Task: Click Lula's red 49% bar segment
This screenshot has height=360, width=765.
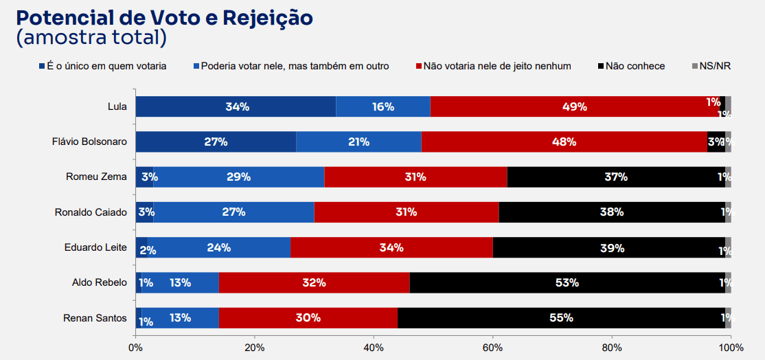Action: (574, 106)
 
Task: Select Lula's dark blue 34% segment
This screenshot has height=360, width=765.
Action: (236, 106)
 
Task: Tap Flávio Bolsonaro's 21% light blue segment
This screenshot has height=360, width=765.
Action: (358, 142)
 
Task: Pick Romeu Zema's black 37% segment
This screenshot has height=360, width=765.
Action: (616, 177)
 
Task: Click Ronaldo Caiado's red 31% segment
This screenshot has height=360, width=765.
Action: (406, 212)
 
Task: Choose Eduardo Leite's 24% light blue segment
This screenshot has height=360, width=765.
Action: (219, 247)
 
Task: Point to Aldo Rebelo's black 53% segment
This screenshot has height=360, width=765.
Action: (567, 282)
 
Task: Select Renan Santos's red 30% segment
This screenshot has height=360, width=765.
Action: (308, 317)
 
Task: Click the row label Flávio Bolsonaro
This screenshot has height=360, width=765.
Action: (89, 142)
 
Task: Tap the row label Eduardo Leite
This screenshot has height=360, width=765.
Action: (96, 247)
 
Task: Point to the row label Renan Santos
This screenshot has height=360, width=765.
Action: (95, 317)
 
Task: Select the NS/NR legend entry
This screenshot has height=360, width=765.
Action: (715, 66)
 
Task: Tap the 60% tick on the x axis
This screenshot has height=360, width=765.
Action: (492, 348)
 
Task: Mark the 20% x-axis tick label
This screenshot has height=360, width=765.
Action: (254, 348)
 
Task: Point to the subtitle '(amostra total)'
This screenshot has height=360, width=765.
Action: (91, 38)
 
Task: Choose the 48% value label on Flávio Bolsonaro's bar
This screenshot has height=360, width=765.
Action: (564, 142)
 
